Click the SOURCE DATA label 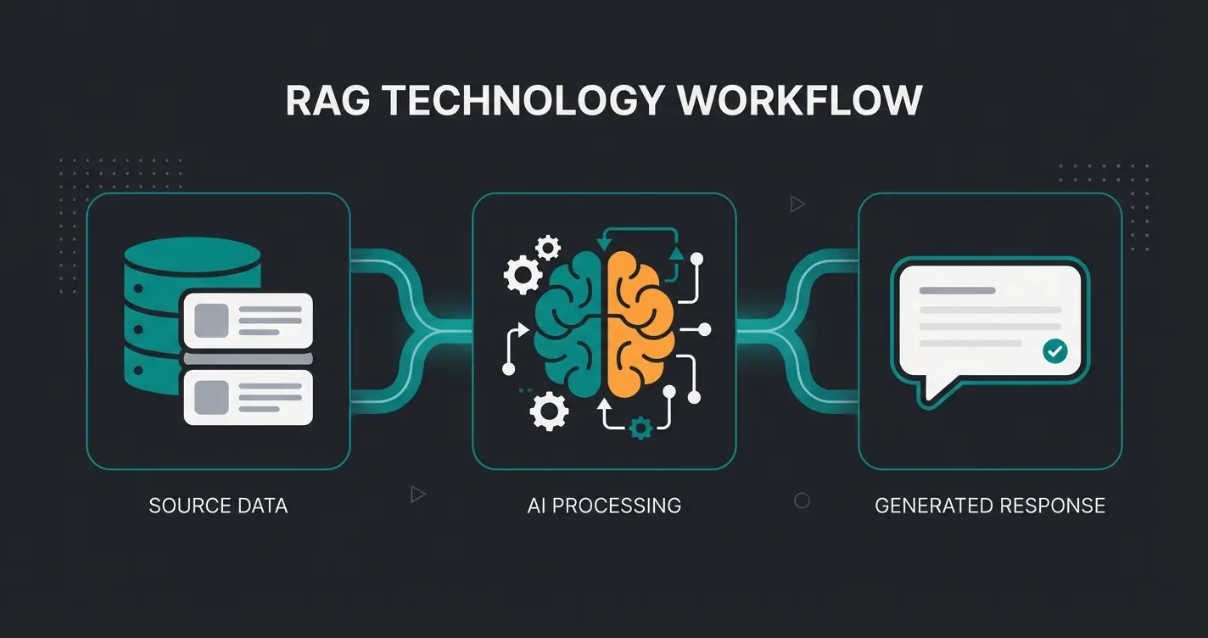pyautogui.click(x=218, y=506)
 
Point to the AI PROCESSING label pyautogui.click(x=603, y=506)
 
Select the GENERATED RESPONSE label pyautogui.click(x=989, y=506)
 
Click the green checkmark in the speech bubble pyautogui.click(x=1054, y=350)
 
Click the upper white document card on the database pyautogui.click(x=248, y=321)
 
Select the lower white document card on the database pyautogui.click(x=248, y=397)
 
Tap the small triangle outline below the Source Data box pyautogui.click(x=417, y=494)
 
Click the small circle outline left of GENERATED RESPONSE pyautogui.click(x=802, y=501)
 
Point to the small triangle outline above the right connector pyautogui.click(x=796, y=204)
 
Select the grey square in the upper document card pyautogui.click(x=212, y=321)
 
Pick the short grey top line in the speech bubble pyautogui.click(x=957, y=290)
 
